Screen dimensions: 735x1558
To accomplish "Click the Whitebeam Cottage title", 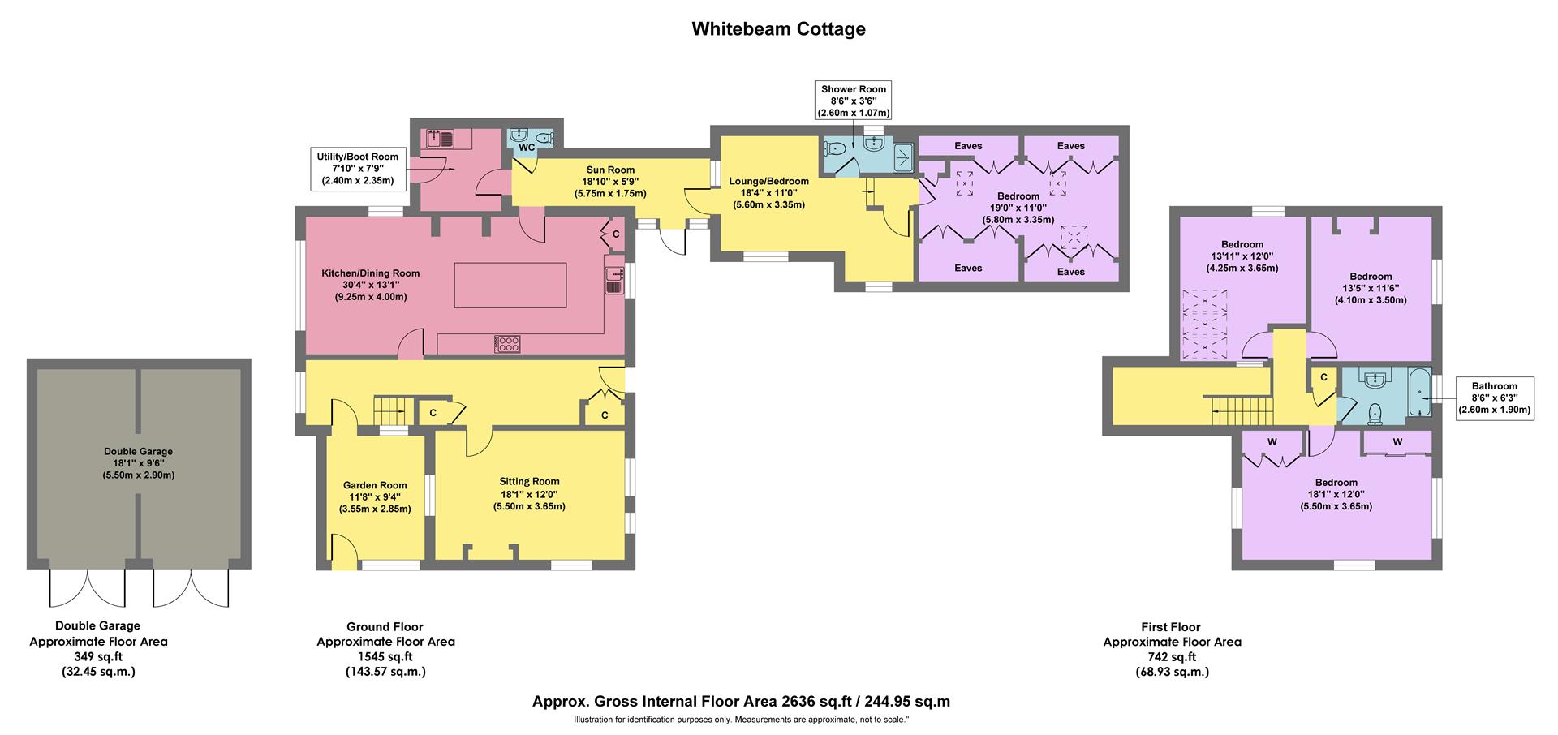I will click(778, 29).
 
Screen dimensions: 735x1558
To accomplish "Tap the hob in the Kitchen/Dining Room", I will click(508, 344).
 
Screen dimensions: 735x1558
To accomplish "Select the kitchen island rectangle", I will click(510, 285).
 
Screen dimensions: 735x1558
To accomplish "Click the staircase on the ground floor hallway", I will click(389, 410).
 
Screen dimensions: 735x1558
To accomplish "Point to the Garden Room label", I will click(374, 486).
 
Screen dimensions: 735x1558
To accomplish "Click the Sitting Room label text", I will click(529, 481).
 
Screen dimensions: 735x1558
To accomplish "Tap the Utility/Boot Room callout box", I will click(358, 169).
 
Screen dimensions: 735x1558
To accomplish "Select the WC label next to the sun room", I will click(526, 148).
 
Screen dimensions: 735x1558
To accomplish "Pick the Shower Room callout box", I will click(853, 101).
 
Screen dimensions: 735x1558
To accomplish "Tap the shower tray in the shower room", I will click(903, 157).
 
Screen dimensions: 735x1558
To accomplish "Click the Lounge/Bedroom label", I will click(768, 181).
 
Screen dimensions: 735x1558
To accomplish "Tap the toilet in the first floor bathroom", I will click(1374, 415).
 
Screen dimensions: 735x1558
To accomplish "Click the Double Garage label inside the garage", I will click(138, 452).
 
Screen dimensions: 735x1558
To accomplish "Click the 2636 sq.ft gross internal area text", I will click(741, 702).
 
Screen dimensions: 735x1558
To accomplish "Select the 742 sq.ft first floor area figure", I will click(1171, 657).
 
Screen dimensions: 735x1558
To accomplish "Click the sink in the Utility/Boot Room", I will click(440, 139).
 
